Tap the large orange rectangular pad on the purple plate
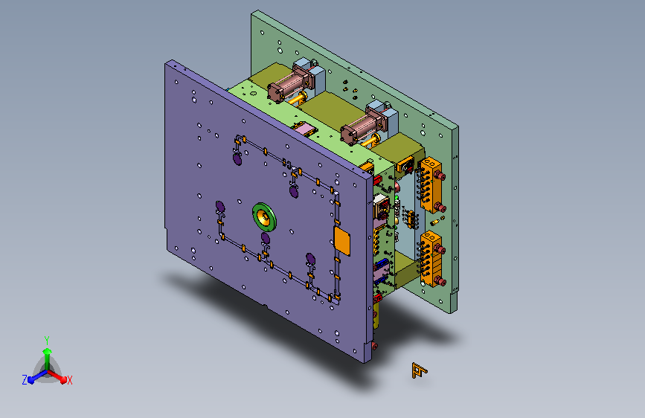tap(341, 241)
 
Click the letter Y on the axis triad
tap(47, 340)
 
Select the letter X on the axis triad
tap(69, 380)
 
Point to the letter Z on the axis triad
tap(25, 380)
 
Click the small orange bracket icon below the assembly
tap(419, 370)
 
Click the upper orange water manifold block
tap(431, 184)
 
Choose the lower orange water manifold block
tap(431, 258)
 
